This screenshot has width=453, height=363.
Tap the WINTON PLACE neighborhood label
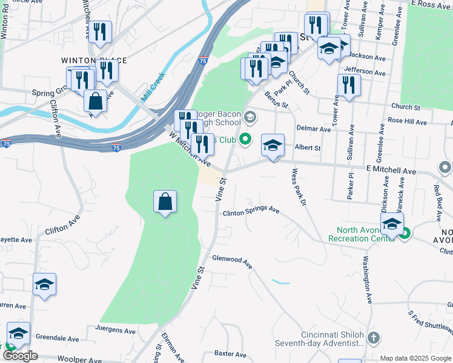click(94, 60)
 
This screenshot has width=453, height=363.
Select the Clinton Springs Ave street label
click(251, 212)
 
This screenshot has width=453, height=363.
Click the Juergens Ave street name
click(116, 330)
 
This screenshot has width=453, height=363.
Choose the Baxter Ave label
click(231, 354)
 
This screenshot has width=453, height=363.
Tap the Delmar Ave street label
click(314, 129)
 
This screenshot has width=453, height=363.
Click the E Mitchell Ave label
click(391, 171)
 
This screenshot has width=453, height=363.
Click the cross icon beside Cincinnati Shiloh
click(374, 337)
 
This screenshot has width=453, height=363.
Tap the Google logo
click(20, 356)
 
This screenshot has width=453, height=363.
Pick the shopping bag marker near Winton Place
click(95, 100)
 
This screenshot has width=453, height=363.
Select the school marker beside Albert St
click(273, 145)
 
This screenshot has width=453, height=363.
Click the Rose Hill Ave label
click(420, 121)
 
